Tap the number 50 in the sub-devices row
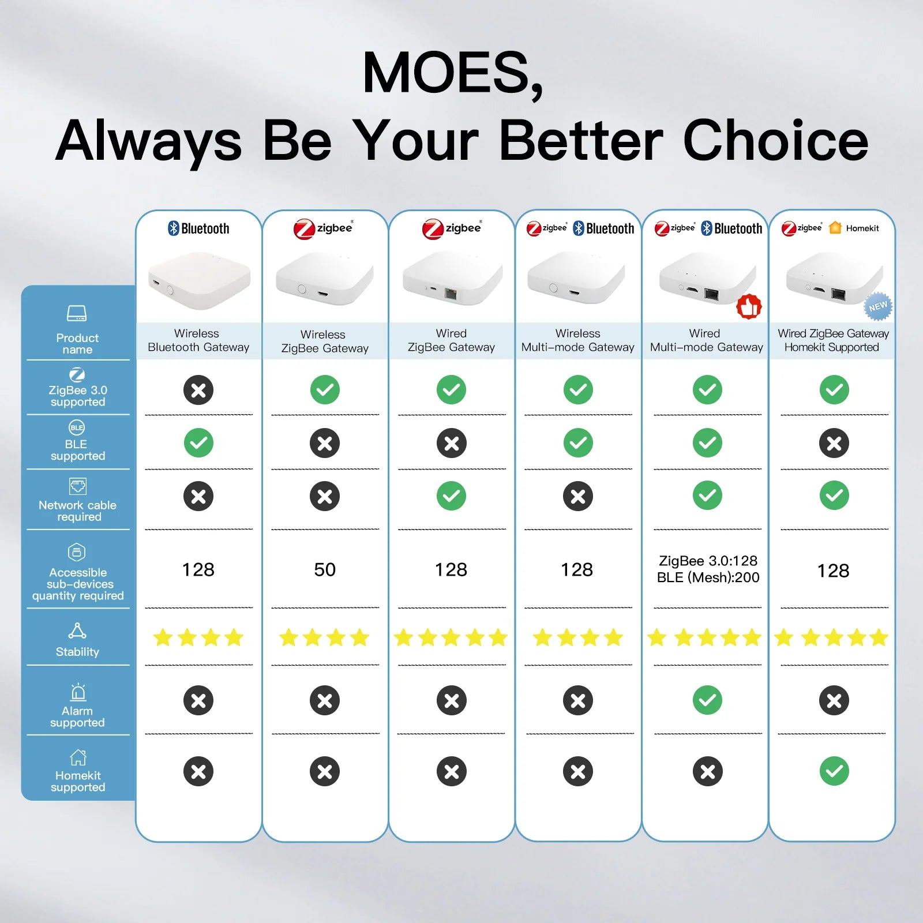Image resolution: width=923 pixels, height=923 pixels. coord(325,570)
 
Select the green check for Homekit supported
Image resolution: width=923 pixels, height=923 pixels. coord(834,771)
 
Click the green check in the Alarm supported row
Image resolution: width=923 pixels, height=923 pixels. coord(707,700)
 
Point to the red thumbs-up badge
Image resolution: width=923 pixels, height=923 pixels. coord(749,307)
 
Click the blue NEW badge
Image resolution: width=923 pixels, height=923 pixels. coord(878,306)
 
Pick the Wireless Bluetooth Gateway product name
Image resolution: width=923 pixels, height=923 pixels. coord(198,340)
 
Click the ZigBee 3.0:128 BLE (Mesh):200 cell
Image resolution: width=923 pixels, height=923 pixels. coord(708,569)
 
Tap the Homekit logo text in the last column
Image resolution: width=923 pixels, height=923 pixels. coord(862,228)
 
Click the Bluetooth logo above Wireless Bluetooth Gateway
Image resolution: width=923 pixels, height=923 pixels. coord(198,228)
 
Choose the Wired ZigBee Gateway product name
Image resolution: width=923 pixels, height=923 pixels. coord(451,340)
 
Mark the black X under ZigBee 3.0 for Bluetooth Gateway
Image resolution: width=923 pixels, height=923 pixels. coord(198,390)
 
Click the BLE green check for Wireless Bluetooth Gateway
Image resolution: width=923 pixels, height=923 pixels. coord(198,443)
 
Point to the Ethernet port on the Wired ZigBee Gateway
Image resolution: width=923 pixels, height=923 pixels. coord(451,294)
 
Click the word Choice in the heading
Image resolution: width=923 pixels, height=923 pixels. coord(776,141)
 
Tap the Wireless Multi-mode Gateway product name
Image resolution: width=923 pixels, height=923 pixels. coord(577,340)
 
